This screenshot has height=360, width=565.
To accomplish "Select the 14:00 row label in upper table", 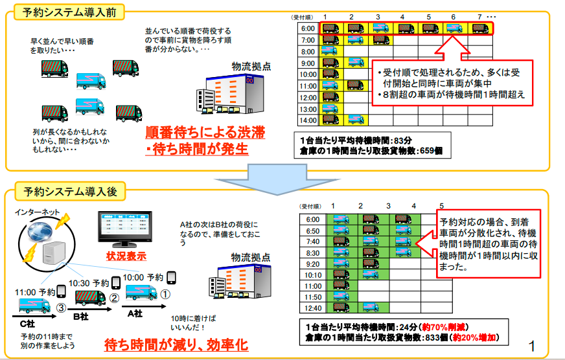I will click(308, 120).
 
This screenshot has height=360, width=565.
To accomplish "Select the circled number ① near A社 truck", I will click(165, 293).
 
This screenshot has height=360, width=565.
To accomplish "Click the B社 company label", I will click(80, 317).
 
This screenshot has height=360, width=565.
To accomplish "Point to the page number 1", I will click(532, 346).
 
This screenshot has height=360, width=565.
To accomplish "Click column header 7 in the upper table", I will click(479, 16).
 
